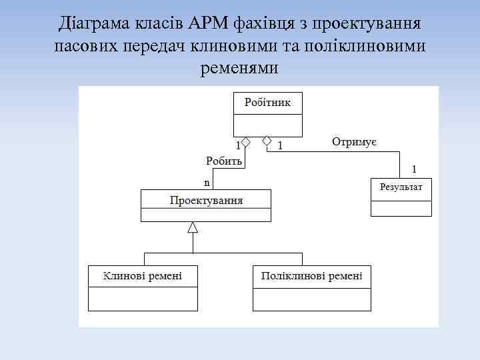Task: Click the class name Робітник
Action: point(267,103)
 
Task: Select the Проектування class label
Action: point(206,199)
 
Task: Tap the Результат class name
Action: point(401,187)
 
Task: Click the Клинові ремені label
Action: point(143,275)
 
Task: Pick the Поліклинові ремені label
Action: point(312,275)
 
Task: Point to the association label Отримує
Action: point(355,141)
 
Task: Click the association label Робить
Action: point(224,161)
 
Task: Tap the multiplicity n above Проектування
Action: point(207,182)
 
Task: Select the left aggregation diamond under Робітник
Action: point(245,141)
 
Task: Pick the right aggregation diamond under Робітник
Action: point(267,141)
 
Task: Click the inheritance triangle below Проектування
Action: point(193,227)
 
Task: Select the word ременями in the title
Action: point(239,68)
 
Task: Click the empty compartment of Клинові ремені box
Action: point(143,298)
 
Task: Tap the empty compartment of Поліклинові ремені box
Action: point(312,298)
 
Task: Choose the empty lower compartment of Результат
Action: point(401,207)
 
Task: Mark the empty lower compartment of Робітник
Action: point(267,125)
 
